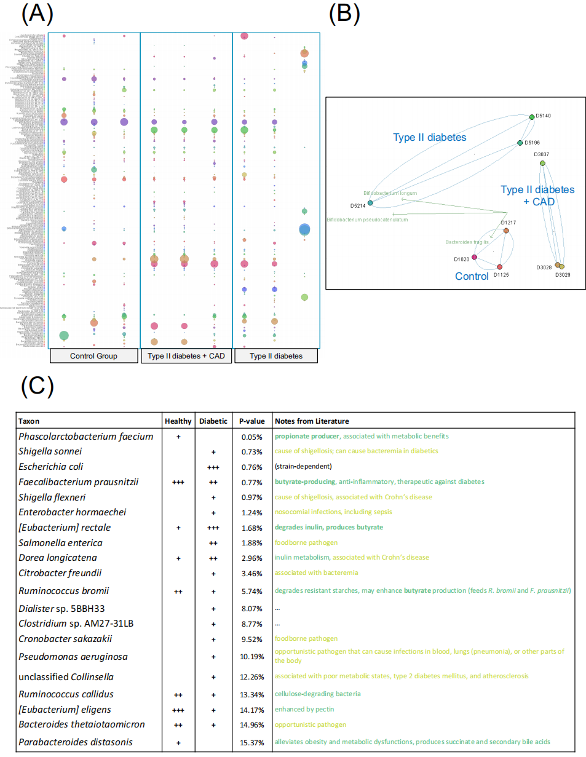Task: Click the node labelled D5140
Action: tap(532, 117)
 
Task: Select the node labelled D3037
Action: tap(542, 163)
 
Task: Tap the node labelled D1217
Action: tap(506, 231)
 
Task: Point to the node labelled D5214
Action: tap(370, 202)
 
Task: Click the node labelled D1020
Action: tap(474, 257)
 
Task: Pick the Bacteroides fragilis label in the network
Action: tap(467, 242)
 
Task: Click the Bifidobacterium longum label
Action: tap(390, 192)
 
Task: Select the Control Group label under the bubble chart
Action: tap(94, 356)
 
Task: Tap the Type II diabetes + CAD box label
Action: tap(186, 356)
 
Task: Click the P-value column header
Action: tap(252, 421)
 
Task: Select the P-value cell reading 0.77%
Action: tap(252, 482)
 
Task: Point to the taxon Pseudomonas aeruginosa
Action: tap(73, 656)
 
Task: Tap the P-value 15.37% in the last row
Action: tap(252, 742)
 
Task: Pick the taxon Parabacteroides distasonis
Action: tap(76, 742)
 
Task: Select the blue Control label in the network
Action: tap(472, 277)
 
